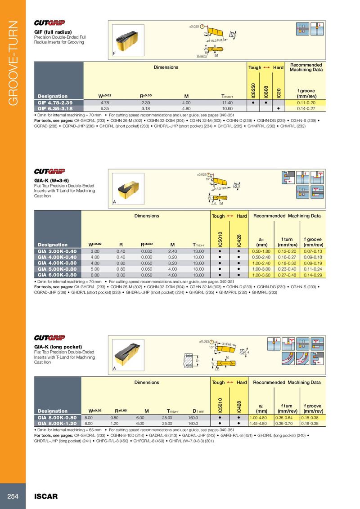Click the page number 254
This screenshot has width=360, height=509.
tap(13, 496)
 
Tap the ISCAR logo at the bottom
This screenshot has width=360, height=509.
tap(46, 496)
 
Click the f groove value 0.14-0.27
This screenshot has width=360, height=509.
tap(306, 108)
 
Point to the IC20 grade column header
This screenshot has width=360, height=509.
tap(279, 92)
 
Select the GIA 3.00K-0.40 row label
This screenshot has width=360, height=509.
tap(57, 251)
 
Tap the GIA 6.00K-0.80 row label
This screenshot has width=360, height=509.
tap(57, 274)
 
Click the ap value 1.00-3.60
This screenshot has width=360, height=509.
tap(261, 274)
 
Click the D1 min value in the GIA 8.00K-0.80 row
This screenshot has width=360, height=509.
tap(193, 417)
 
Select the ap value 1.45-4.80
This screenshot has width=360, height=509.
tap(261, 423)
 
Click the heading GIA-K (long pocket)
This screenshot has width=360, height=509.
tap(58, 347)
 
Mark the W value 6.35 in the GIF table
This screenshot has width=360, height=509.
tap(106, 108)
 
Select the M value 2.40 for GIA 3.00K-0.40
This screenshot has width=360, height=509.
tap(172, 251)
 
